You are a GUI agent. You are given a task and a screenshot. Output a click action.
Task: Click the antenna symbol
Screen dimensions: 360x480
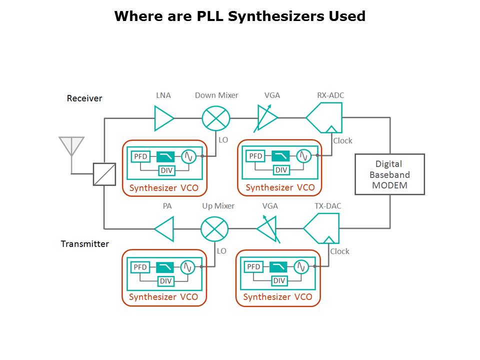coord(71,145)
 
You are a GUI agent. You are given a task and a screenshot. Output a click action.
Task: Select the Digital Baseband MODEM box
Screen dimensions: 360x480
coord(389,174)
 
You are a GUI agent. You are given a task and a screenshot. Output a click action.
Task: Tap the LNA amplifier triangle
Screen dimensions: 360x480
coord(163,118)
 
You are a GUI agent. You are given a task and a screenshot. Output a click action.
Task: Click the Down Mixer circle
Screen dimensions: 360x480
coord(216,118)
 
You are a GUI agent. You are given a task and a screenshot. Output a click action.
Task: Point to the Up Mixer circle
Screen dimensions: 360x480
coord(214,229)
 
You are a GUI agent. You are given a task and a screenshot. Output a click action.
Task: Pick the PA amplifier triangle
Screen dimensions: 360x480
coord(164,229)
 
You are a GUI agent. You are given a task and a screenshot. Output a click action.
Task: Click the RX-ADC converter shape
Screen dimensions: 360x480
coord(325,117)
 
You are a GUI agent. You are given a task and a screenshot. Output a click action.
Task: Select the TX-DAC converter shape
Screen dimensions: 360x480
coord(322,228)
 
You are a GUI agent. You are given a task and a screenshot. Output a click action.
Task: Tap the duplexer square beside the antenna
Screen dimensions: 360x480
coord(104,174)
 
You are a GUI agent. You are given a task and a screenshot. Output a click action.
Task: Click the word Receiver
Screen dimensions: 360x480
coord(84,98)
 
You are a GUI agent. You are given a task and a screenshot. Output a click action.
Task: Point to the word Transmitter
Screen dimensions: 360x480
coord(85,244)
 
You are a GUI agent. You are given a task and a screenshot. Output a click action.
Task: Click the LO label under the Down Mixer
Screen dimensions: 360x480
coord(223,140)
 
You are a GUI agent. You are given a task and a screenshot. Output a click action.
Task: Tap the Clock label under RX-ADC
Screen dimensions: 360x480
coord(342,141)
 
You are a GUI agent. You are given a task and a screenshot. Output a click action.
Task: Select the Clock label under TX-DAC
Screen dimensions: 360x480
coord(339,251)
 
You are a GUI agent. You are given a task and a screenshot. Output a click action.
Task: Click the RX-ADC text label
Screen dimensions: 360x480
coord(330,95)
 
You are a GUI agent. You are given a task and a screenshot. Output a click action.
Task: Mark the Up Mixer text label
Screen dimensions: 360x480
coord(218,206)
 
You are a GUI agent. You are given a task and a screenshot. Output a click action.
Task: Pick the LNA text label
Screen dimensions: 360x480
coord(163,95)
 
